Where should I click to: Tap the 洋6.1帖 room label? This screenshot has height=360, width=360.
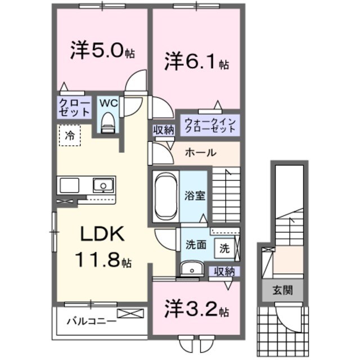coord(196,61)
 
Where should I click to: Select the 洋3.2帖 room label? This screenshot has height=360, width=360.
coord(196,309)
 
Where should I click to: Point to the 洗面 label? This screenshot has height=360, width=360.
coord(195,245)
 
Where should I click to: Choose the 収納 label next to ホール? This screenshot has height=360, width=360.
coord(164,130)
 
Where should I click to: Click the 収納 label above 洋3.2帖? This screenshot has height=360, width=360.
coord(223,272)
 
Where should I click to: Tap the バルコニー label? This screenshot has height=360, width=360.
coord(91,322)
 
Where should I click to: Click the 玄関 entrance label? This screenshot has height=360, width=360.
coord(280,291)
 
